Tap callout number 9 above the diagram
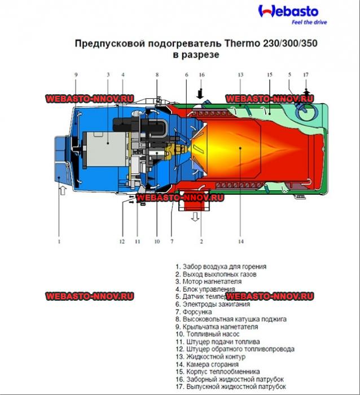coord(76,74)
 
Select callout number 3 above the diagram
coord(108,74)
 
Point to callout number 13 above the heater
coord(240,74)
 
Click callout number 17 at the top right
coord(306,74)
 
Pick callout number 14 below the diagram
coord(241,242)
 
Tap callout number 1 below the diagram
coord(59,242)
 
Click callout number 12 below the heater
coord(121,242)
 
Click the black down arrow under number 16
coord(200,91)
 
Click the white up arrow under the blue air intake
coord(62,192)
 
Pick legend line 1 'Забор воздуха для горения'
coord(221,266)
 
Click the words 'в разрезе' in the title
coord(196,55)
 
